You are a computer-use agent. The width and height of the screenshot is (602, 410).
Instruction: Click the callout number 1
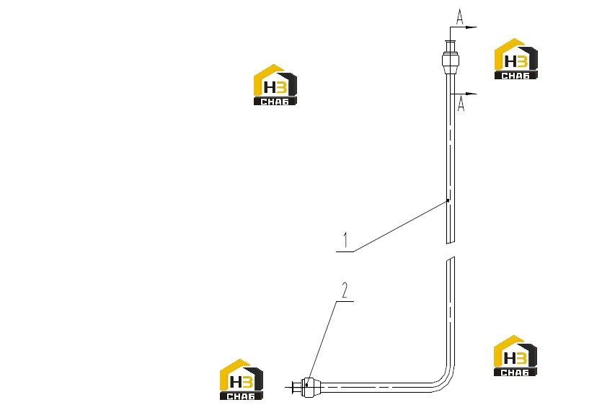pyautogui.click(x=345, y=240)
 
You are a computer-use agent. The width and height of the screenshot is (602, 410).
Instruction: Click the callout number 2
pyautogui.click(x=345, y=290)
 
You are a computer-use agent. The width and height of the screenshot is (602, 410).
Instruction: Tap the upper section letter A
pyautogui.click(x=460, y=17)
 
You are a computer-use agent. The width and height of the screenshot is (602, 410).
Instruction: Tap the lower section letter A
pyautogui.click(x=461, y=104)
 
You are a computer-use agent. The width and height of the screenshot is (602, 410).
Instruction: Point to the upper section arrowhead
pyautogui.click(x=471, y=27)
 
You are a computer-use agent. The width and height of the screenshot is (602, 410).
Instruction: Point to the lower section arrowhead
pyautogui.click(x=471, y=93)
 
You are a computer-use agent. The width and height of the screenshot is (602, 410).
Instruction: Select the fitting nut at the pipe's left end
pyautogui.click(x=310, y=387)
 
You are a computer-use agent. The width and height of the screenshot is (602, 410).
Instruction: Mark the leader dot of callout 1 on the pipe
pyautogui.click(x=448, y=200)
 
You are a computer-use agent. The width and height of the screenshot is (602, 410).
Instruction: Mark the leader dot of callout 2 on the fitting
pyautogui.click(x=306, y=385)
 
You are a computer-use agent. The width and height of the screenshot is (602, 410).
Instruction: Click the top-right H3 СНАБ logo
pyautogui.click(x=515, y=59)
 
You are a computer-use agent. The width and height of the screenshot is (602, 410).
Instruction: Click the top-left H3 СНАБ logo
pyautogui.click(x=275, y=84)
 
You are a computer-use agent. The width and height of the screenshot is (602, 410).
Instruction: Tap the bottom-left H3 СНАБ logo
pyautogui.click(x=242, y=379)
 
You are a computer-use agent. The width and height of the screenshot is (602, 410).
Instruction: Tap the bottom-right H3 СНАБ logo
pyautogui.click(x=515, y=355)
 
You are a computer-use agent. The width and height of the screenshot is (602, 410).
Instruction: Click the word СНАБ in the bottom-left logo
pyautogui.click(x=241, y=396)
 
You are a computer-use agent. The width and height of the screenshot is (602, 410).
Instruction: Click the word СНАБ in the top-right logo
pyautogui.click(x=515, y=76)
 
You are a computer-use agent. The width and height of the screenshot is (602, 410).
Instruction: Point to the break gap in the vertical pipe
pyautogui.click(x=451, y=250)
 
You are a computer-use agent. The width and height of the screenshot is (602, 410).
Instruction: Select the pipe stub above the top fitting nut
pyautogui.click(x=451, y=45)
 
